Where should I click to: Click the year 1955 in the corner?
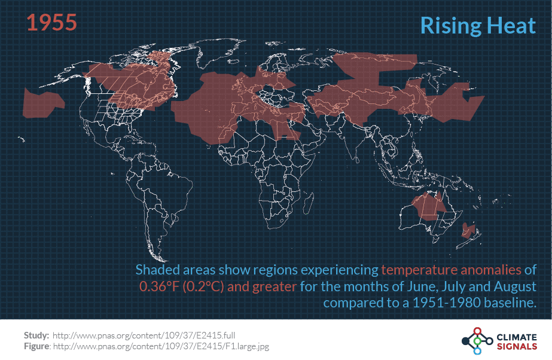tap(51, 23)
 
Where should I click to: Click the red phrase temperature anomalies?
tap(452, 270)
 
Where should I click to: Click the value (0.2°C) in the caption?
tap(205, 286)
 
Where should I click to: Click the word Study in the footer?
tap(36, 335)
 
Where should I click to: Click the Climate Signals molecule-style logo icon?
tap(477, 341)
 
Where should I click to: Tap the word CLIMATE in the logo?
tap(516, 336)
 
